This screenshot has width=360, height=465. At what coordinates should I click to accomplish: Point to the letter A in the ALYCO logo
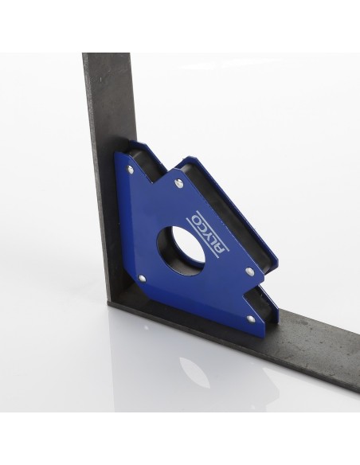220,248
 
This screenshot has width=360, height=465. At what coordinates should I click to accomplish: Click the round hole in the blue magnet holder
183,248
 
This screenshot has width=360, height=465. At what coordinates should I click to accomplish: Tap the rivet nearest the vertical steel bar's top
130,170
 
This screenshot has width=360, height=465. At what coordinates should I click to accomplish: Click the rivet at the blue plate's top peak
180,184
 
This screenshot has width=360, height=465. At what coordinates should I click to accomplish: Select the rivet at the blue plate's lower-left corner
143,278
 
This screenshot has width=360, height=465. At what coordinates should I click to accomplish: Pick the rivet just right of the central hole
249,271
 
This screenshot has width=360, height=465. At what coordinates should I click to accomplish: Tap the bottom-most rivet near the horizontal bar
251,318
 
